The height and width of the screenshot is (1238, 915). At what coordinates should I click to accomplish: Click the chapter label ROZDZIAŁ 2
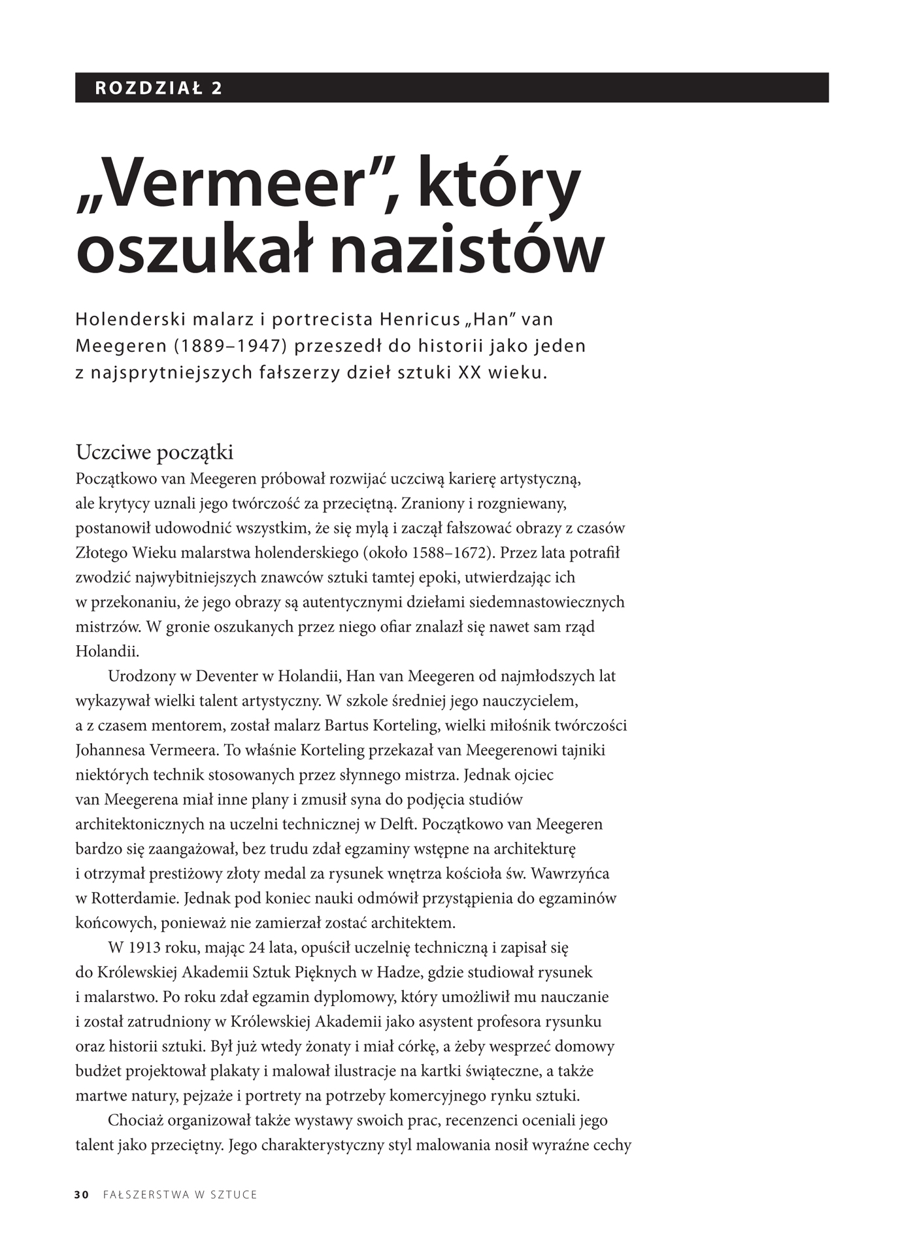point(159,88)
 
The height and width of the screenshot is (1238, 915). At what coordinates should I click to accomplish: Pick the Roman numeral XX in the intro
point(469,373)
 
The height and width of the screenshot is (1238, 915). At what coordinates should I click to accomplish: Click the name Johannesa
point(110,750)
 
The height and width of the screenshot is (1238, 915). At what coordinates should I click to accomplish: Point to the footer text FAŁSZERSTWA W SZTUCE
point(180,1194)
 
